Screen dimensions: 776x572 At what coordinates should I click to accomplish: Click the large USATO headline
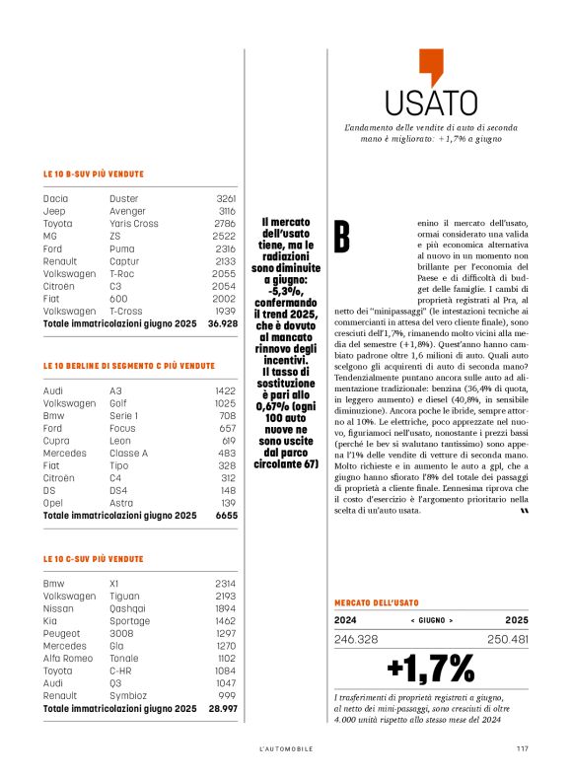point(431,103)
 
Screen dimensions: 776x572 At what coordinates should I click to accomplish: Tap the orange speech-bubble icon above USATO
point(431,66)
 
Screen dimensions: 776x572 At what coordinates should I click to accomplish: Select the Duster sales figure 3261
point(226,198)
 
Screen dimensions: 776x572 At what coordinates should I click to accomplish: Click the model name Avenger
point(127,211)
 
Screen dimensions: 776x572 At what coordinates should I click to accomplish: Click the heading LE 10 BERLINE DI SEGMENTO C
point(128,366)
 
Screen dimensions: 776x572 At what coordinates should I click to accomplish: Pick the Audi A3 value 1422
point(226,390)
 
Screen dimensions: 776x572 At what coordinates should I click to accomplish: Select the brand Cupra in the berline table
point(56,440)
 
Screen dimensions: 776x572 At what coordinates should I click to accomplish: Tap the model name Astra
point(121,502)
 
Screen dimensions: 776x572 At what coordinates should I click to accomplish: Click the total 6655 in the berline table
point(226,515)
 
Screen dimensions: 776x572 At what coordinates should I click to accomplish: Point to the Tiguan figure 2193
point(226,596)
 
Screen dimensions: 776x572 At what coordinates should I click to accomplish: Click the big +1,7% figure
point(431,669)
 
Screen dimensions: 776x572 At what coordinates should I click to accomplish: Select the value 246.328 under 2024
point(357,639)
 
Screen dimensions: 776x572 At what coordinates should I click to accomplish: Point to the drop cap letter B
point(341,237)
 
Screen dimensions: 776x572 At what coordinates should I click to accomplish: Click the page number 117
point(522,748)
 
